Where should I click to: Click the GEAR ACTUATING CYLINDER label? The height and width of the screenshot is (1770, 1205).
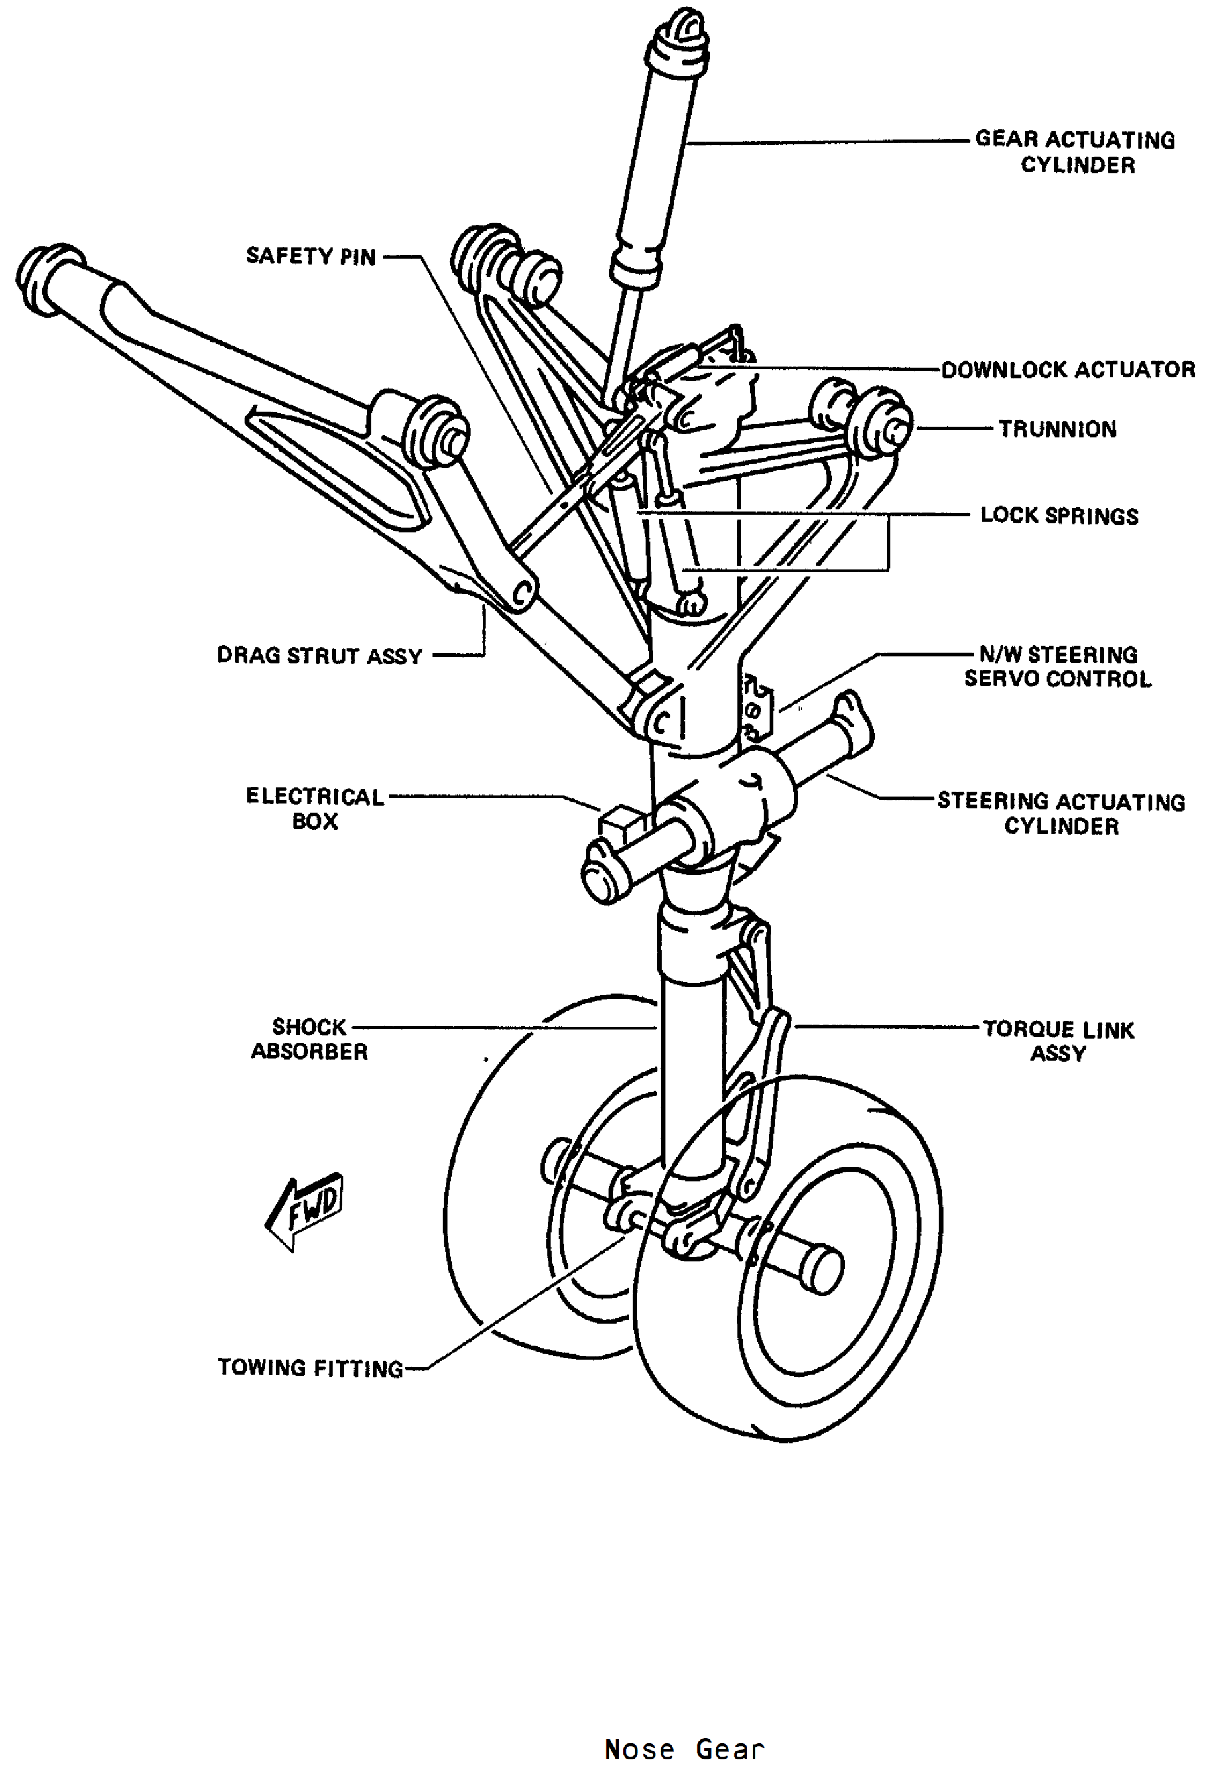[x=1075, y=152]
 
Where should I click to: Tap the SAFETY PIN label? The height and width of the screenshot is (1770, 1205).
[x=311, y=256]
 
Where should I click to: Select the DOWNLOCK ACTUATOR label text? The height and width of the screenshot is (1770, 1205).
[x=1068, y=369]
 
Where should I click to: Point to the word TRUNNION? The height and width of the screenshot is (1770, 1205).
[x=1057, y=429]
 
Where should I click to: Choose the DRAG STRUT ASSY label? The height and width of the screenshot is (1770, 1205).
[x=319, y=655]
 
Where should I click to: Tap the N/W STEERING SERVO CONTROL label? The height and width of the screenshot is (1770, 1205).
[x=1058, y=666]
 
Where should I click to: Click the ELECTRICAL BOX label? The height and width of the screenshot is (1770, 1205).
[x=314, y=808]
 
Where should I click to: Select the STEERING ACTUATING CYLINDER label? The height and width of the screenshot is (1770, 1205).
[x=1061, y=814]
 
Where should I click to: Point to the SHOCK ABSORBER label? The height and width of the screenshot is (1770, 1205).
[x=309, y=1039]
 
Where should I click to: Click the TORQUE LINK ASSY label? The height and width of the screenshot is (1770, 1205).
[x=1058, y=1041]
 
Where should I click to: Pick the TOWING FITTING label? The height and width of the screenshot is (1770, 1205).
[x=310, y=1368]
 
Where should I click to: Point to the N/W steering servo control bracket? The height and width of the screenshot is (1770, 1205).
[x=757, y=706]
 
